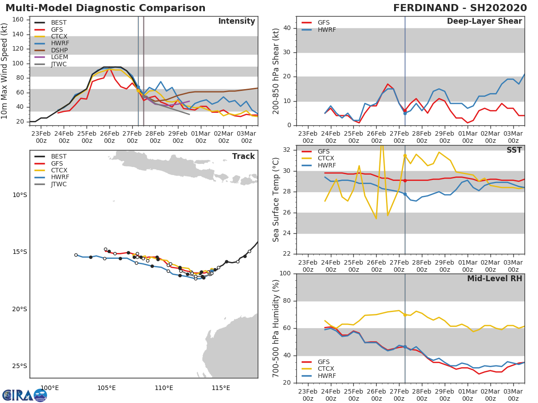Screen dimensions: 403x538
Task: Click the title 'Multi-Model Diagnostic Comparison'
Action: click(x=105, y=8)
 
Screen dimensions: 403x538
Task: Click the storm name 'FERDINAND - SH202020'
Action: click(x=460, y=8)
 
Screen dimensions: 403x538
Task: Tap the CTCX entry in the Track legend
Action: click(x=59, y=170)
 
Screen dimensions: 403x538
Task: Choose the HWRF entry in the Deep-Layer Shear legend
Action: click(x=326, y=30)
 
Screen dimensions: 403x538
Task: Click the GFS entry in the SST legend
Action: click(x=323, y=151)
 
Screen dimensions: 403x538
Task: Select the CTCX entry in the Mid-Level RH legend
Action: click(x=326, y=369)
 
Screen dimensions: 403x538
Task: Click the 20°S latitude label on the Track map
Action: click(x=20, y=309)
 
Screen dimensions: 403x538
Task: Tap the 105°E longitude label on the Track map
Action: click(x=107, y=388)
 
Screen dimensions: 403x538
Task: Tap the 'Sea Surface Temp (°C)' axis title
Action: click(x=276, y=200)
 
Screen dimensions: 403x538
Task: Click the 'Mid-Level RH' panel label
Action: click(x=495, y=279)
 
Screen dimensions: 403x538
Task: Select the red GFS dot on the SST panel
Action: click(x=405, y=180)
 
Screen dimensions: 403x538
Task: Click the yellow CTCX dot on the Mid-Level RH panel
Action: click(x=405, y=315)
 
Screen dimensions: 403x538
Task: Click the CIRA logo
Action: click(x=25, y=395)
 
